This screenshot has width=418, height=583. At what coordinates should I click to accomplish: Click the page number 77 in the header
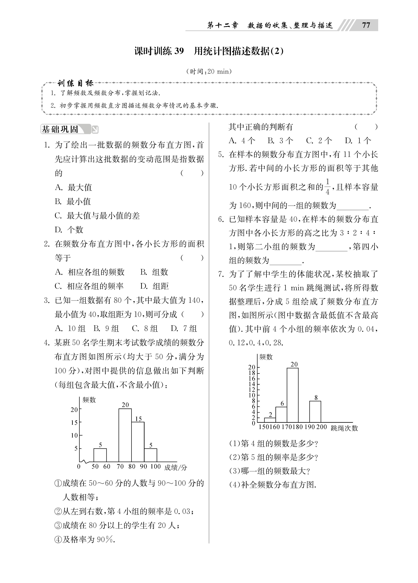tap(366, 25)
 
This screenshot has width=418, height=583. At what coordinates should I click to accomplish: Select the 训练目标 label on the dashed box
tap(75, 83)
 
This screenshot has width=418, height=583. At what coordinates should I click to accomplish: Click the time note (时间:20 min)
tap(209, 72)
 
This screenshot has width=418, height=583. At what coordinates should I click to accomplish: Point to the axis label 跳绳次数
tap(344, 428)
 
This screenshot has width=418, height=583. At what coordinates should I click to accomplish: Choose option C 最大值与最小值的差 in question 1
tap(97, 216)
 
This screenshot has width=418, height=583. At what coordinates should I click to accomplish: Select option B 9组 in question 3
tap(106, 328)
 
